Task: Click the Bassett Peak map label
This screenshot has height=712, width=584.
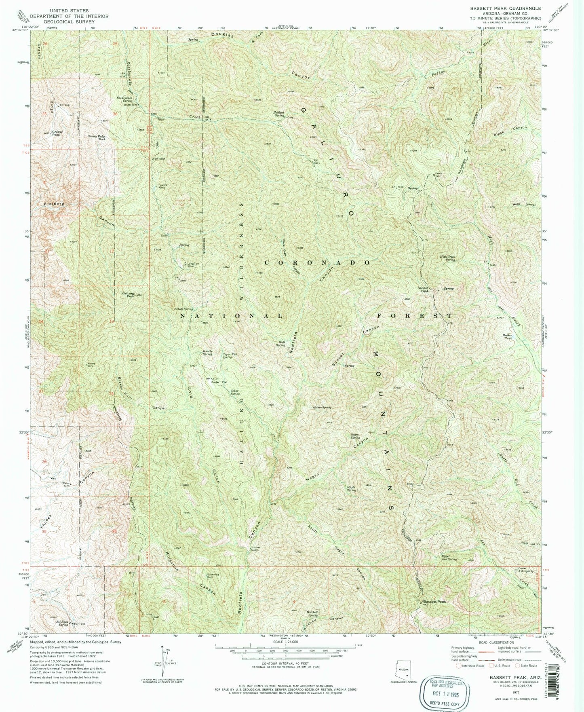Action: pyautogui.click(x=434, y=602)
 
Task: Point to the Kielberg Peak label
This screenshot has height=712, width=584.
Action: pyautogui.click(x=125, y=295)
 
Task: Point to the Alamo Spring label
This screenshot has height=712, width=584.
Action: pyautogui.click(x=322, y=408)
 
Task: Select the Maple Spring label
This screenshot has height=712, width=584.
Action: pyautogui.click(x=351, y=488)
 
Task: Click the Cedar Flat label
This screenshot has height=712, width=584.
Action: pyautogui.click(x=219, y=382)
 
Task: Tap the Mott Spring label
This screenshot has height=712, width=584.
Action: pyautogui.click(x=280, y=343)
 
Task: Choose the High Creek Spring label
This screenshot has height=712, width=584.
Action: pyautogui.click(x=447, y=258)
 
